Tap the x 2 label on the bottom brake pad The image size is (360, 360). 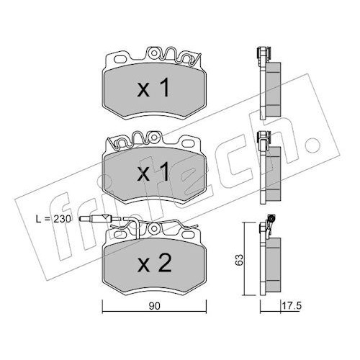point(155,263)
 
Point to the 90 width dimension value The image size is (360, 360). point(154,306)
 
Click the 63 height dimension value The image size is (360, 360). point(239,259)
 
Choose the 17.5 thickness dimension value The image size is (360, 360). point(292,306)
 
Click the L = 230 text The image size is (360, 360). point(53,219)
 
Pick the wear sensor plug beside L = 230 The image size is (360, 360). point(99,218)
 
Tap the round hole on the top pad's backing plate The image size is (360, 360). point(154,53)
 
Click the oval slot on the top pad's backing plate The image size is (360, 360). point(122,59)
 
